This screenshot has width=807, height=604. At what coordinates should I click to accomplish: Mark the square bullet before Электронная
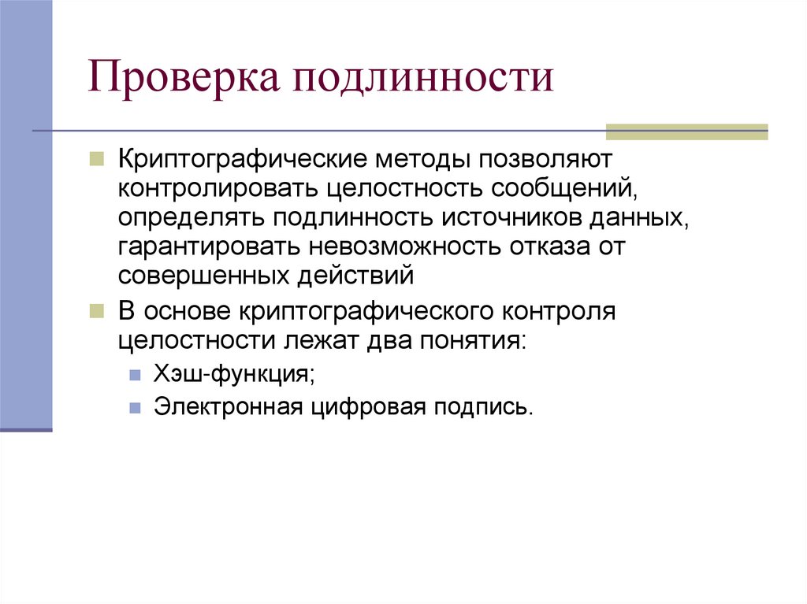point(136,408)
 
